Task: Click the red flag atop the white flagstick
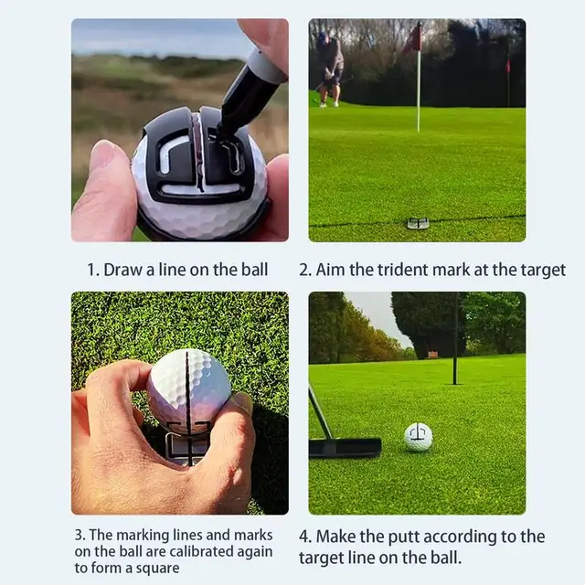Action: coord(413,38)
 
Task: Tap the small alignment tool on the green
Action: coord(418,223)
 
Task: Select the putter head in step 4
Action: coord(345,447)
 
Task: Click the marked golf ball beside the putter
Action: coord(419,437)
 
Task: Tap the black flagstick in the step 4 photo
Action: coord(454,338)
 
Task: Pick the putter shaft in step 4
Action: coord(319,411)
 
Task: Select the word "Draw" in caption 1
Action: coord(122,270)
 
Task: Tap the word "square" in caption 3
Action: coord(158,568)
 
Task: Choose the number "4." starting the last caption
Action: coord(305,537)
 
